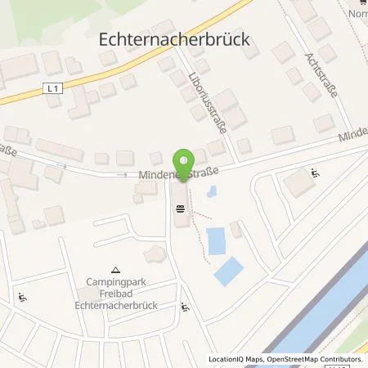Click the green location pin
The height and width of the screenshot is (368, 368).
[184, 159]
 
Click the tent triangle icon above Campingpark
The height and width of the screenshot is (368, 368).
[115, 269]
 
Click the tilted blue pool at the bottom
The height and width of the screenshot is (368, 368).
[228, 271]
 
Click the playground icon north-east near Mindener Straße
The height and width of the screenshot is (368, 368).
[315, 173]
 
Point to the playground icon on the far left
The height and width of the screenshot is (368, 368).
[23, 298]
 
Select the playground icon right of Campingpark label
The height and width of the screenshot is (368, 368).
[186, 308]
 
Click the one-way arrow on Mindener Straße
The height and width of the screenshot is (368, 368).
[123, 174]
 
